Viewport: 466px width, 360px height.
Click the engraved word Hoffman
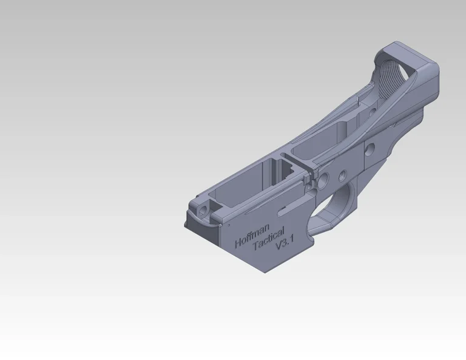pos(252,236)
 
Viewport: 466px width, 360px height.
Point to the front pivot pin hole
pos(203,211)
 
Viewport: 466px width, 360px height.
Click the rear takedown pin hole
pos(370,149)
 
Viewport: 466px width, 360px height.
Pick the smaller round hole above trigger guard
pos(343,175)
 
